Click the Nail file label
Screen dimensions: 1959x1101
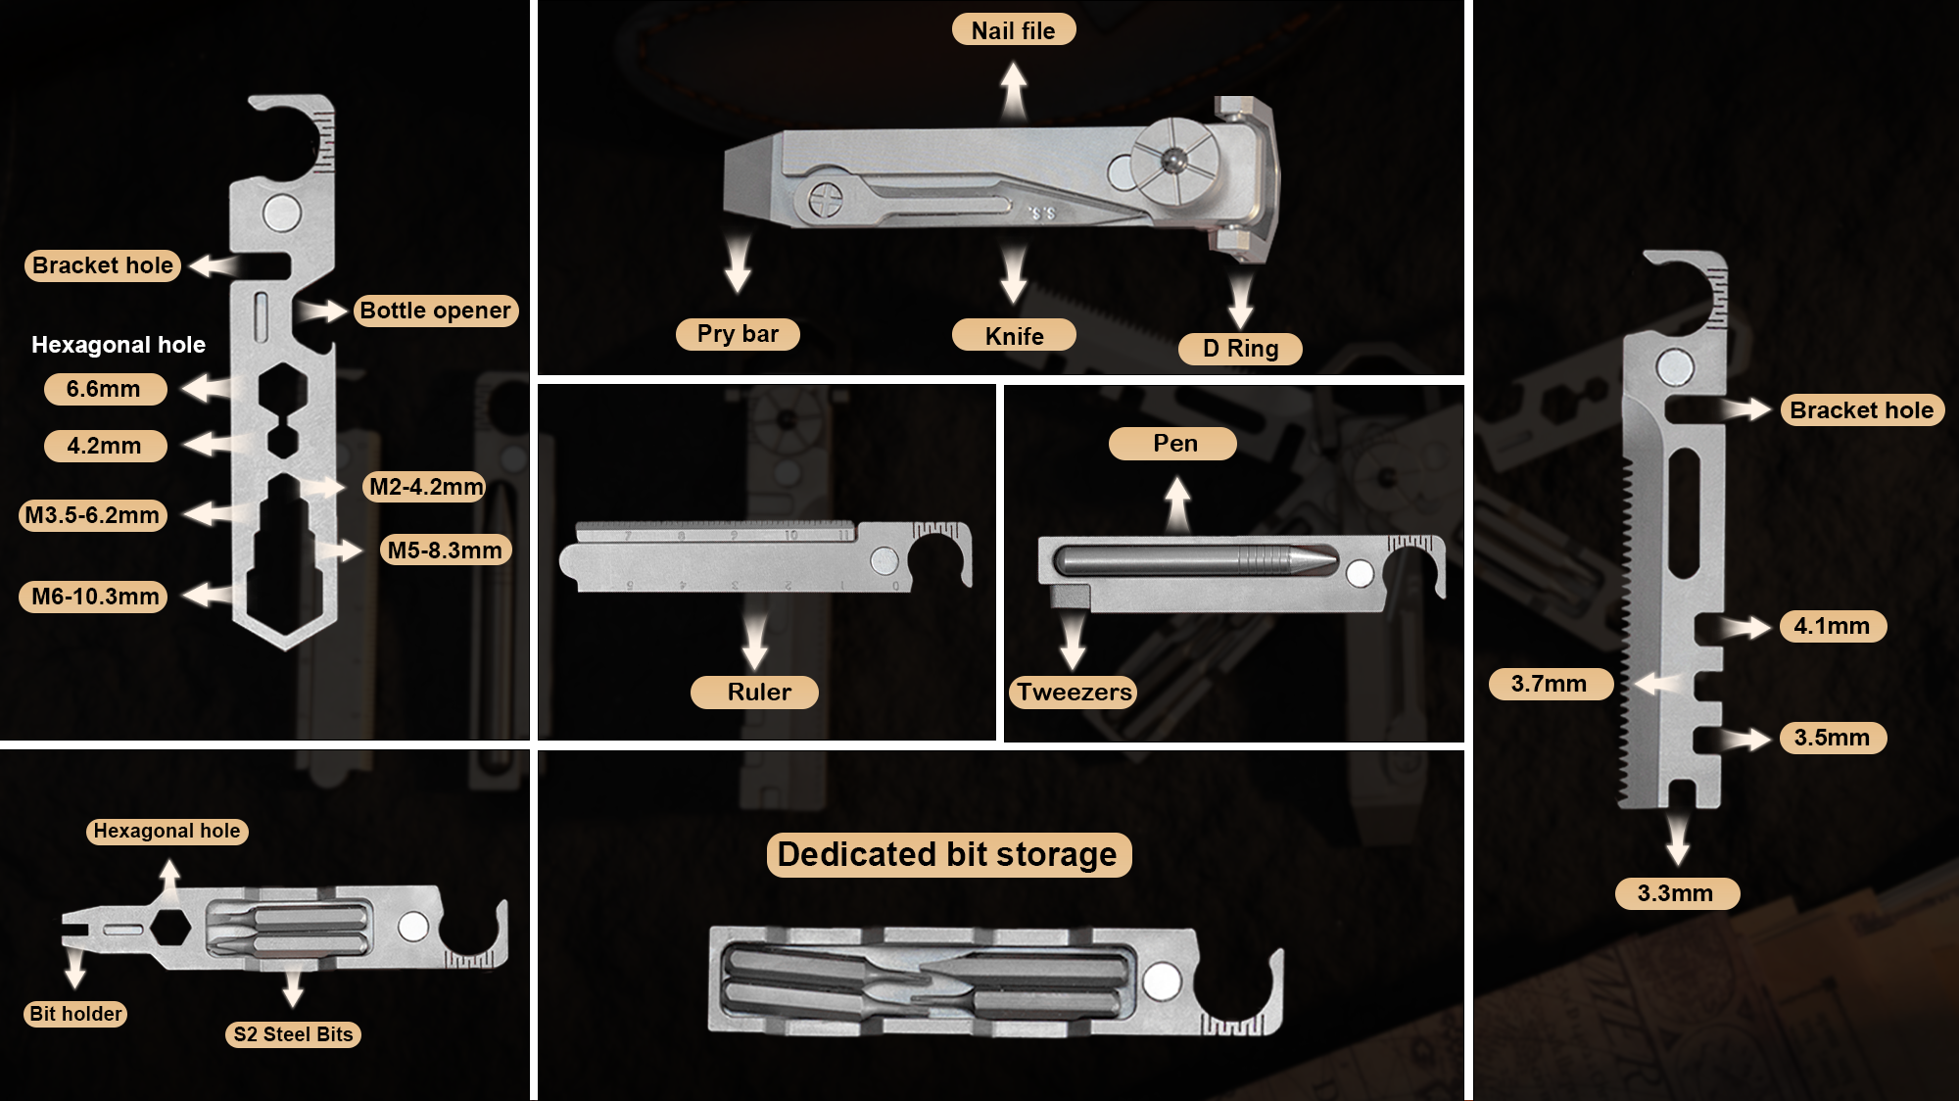[x=1014, y=30]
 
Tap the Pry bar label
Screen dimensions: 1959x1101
[x=738, y=334]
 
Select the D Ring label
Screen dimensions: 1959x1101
[x=1240, y=349]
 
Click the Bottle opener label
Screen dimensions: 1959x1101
[x=435, y=311]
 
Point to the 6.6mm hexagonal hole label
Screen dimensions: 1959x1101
[x=105, y=389]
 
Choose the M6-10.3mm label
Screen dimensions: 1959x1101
[x=94, y=597]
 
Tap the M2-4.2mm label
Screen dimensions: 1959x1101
[x=425, y=487]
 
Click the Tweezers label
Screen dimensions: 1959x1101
[x=1074, y=693]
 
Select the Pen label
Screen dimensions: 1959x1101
[x=1173, y=444]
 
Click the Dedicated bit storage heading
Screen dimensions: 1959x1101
[x=948, y=855]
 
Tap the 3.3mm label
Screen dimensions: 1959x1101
[x=1677, y=893]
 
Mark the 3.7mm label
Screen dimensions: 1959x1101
[x=1551, y=684]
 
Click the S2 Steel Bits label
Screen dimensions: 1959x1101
[x=293, y=1034]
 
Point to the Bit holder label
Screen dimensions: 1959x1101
[x=75, y=1014]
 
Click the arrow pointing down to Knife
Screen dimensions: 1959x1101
[x=1014, y=274]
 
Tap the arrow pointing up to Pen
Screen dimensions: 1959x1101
[x=1177, y=504]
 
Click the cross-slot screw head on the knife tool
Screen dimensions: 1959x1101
[x=825, y=200]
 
